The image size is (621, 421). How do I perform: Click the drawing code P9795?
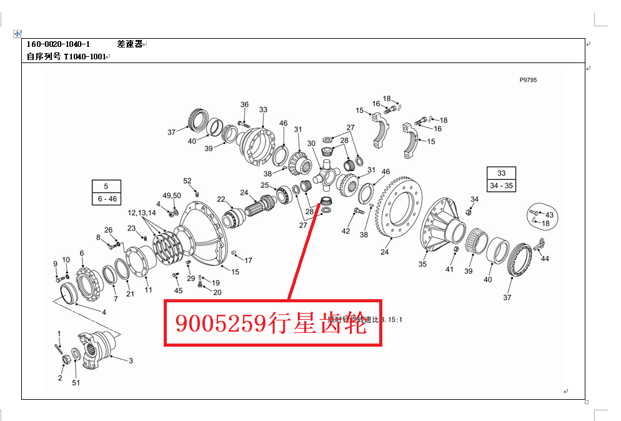[528, 80]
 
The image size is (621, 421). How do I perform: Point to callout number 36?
[244, 105]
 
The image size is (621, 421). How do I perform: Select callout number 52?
[187, 181]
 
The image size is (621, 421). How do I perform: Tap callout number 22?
[221, 199]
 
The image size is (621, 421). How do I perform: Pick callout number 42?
[345, 232]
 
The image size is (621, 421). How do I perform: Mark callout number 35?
[422, 264]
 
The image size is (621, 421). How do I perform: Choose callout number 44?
[545, 259]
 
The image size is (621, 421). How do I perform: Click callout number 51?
[76, 382]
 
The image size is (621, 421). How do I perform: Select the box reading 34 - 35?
[501, 186]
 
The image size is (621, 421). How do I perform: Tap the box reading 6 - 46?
[106, 199]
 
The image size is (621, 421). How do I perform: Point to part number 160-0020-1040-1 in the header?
[58, 44]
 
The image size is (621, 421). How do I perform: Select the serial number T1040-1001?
[84, 57]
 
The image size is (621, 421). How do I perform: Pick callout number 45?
[178, 290]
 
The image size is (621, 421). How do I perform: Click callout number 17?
[248, 260]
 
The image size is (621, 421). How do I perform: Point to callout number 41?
[449, 270]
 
